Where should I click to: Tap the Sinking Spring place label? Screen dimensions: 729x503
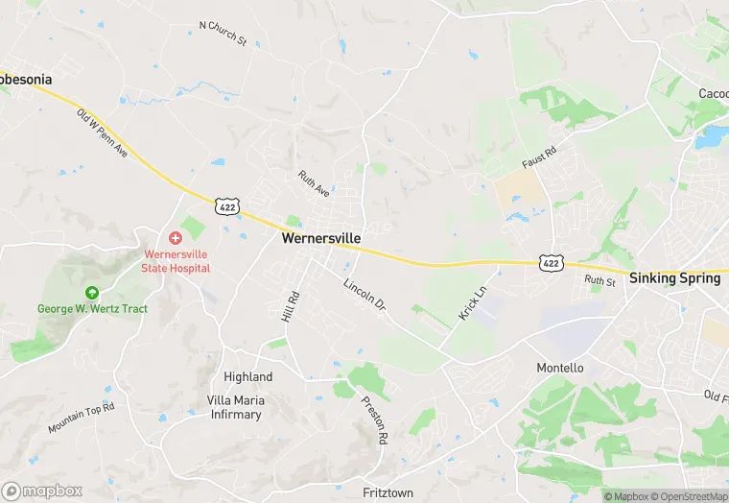(x=674, y=278)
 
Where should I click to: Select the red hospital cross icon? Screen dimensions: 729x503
(x=176, y=237)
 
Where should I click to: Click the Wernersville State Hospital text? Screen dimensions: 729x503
(x=176, y=261)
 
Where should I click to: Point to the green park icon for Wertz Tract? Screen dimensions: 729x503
(x=92, y=293)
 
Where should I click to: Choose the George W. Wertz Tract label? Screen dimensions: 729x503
(x=92, y=309)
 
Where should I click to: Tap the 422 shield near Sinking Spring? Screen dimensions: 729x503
(x=551, y=261)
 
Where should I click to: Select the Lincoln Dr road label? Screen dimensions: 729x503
(x=364, y=295)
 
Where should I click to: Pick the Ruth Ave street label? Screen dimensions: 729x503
(x=314, y=184)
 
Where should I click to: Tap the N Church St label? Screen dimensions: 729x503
(x=223, y=35)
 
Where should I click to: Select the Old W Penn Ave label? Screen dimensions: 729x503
(x=103, y=133)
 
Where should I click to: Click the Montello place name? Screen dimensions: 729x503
(x=559, y=368)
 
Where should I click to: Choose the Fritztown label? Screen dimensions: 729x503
(x=388, y=491)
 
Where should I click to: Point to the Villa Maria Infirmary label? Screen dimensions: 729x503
(x=234, y=407)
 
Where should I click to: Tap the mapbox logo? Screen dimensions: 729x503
(x=42, y=491)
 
